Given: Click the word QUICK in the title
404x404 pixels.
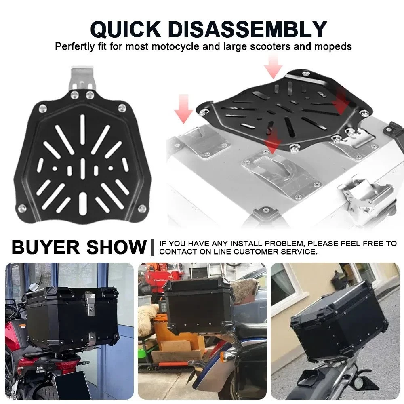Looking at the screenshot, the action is pos(125,29).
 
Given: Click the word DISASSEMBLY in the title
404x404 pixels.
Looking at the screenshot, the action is pos(247,29).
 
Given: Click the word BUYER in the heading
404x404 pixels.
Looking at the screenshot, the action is pos(46,247).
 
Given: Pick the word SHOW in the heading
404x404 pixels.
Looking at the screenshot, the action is pos(116,247).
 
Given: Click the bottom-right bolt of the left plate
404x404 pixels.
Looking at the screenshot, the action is pos(142,208).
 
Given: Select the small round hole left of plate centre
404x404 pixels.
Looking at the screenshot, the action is pos(55,169).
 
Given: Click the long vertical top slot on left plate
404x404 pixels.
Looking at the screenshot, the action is pos(82,128).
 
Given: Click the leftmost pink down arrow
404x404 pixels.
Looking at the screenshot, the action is pos(183,109).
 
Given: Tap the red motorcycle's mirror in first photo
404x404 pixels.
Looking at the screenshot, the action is pos(34,286).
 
